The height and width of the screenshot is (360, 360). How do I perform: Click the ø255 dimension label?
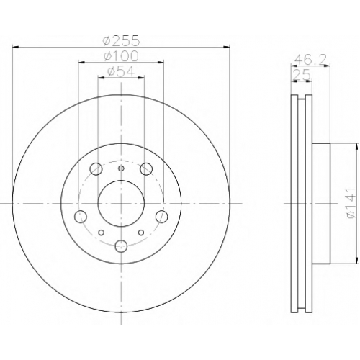(121, 40)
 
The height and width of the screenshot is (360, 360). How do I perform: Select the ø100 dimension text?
(121, 56)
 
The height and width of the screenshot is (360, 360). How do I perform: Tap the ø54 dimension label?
(121, 71)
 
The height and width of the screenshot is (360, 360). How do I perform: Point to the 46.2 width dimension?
(310, 59)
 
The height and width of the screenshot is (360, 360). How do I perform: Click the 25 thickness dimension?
(302, 76)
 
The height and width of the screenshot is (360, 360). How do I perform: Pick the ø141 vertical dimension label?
(351, 203)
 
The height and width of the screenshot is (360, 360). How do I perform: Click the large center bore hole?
(121, 203)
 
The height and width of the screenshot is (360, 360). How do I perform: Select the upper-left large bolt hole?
(96, 168)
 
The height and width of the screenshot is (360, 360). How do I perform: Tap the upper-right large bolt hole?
(146, 168)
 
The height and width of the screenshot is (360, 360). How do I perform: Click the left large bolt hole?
(81, 217)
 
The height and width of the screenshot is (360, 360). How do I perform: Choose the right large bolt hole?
(161, 217)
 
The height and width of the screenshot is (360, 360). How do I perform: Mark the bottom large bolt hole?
(121, 246)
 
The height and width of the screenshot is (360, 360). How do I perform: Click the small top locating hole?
(121, 168)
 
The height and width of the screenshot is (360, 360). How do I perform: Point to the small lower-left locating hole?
(102, 233)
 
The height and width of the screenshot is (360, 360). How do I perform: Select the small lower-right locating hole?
(141, 233)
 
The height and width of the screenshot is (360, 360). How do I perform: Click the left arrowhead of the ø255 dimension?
(15, 47)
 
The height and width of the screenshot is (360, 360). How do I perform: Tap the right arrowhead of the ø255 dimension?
(226, 47)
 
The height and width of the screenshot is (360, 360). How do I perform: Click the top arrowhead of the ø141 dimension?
(355, 147)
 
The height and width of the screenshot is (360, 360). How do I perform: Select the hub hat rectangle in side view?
(321, 204)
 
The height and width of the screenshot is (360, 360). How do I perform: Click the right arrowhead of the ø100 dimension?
(161, 63)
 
